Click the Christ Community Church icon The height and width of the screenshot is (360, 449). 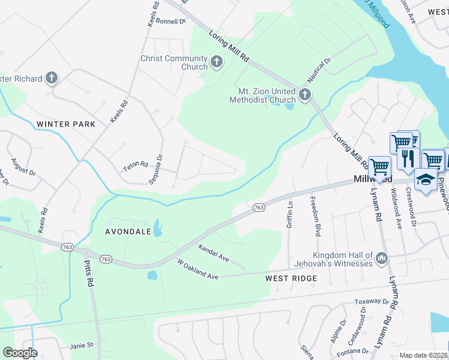[x=216, y=61]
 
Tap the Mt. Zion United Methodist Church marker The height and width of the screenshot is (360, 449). [x=305, y=94]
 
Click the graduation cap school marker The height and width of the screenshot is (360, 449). [x=426, y=179]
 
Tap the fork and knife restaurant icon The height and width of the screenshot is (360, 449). [x=406, y=158]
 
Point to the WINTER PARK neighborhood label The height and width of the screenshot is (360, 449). [x=66, y=124]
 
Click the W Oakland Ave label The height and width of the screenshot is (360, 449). [x=197, y=269]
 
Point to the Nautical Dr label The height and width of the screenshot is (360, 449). [x=319, y=70]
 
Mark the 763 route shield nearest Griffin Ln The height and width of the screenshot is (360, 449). [x=258, y=208]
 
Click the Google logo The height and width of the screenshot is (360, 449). [x=20, y=353]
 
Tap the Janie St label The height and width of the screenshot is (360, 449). [x=82, y=345]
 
